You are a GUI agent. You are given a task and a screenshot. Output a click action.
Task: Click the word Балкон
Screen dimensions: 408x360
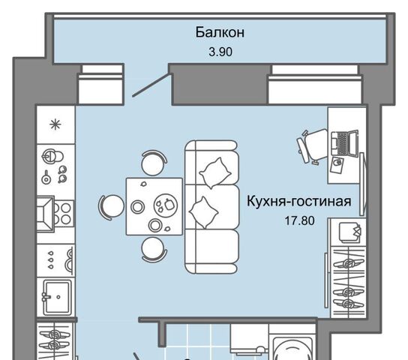click(x=220, y=32)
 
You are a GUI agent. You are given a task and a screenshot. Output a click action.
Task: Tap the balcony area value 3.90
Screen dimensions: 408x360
click(x=220, y=52)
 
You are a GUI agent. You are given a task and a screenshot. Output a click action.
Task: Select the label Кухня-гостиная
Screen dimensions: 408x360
click(x=299, y=201)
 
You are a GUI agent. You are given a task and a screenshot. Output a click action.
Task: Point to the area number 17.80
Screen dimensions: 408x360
click(x=300, y=220)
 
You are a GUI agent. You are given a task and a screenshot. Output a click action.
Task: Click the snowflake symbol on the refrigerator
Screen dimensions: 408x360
click(x=55, y=124)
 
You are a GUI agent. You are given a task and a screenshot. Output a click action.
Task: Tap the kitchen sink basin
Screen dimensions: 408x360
click(x=58, y=296)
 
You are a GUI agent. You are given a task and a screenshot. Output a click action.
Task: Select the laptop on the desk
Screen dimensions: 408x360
click(x=345, y=143)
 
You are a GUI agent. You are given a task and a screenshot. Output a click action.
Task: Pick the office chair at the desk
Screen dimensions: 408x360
click(x=312, y=146)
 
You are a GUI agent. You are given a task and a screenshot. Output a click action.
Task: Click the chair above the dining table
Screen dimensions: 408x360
click(x=154, y=163)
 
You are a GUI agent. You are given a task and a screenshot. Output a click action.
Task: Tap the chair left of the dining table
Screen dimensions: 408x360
click(x=111, y=206)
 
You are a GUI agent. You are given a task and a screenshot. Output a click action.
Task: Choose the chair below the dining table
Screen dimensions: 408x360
click(x=154, y=249)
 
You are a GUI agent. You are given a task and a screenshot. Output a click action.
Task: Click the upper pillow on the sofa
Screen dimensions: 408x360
click(x=214, y=172)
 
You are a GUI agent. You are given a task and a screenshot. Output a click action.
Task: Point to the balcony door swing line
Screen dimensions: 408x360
click(x=151, y=85)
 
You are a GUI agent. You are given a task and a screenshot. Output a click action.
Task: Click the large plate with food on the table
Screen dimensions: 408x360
click(x=166, y=205)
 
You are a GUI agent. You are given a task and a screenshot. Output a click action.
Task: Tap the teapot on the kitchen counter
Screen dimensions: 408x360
click(x=52, y=156)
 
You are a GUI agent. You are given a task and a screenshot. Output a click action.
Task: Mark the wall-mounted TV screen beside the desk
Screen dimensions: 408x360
click(x=362, y=184)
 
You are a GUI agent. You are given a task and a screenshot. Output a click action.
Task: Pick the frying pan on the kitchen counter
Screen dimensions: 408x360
click(x=46, y=178)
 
